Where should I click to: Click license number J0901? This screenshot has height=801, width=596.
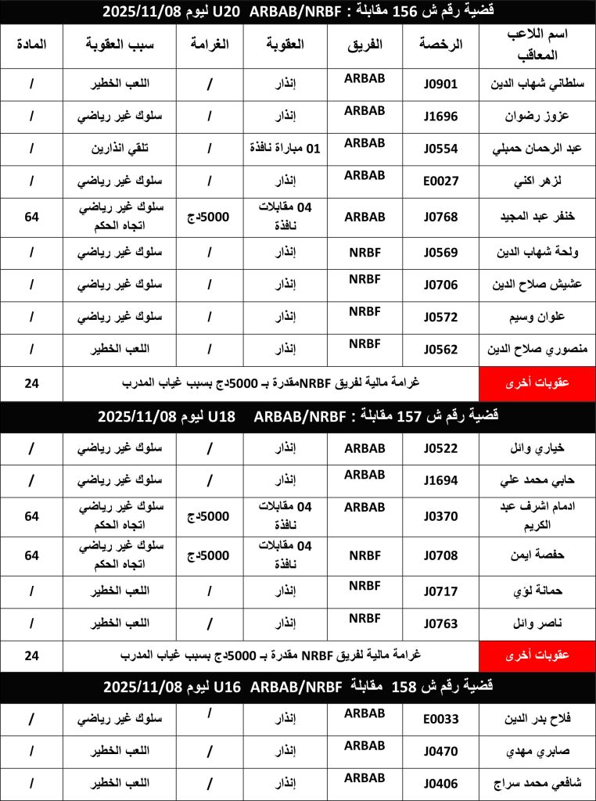441,84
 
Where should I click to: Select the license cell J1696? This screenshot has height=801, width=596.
441,117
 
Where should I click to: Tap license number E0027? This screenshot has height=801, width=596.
441,181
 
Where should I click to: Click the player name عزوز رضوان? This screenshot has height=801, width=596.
537,117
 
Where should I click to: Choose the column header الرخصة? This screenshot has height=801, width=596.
443,45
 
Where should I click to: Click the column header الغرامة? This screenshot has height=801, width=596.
209,45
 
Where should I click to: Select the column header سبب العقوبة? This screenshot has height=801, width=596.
120,45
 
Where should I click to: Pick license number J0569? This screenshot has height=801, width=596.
441,253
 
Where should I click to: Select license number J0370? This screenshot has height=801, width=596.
441,516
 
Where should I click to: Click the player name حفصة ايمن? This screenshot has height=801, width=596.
539,556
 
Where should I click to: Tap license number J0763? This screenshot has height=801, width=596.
441,623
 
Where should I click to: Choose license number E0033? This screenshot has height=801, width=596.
441,719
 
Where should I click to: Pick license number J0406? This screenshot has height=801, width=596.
441,783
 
